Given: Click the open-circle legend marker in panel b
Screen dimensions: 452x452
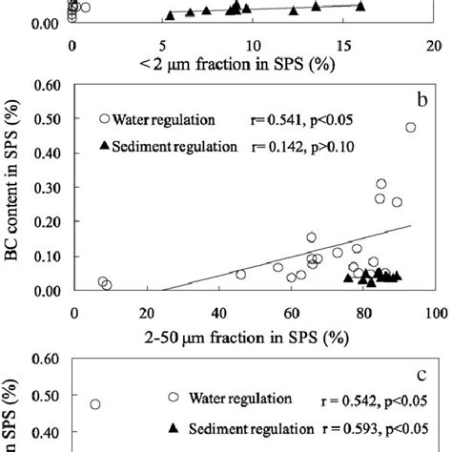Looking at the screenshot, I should [x=104, y=119].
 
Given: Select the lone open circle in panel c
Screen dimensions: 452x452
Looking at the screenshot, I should [x=95, y=404].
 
